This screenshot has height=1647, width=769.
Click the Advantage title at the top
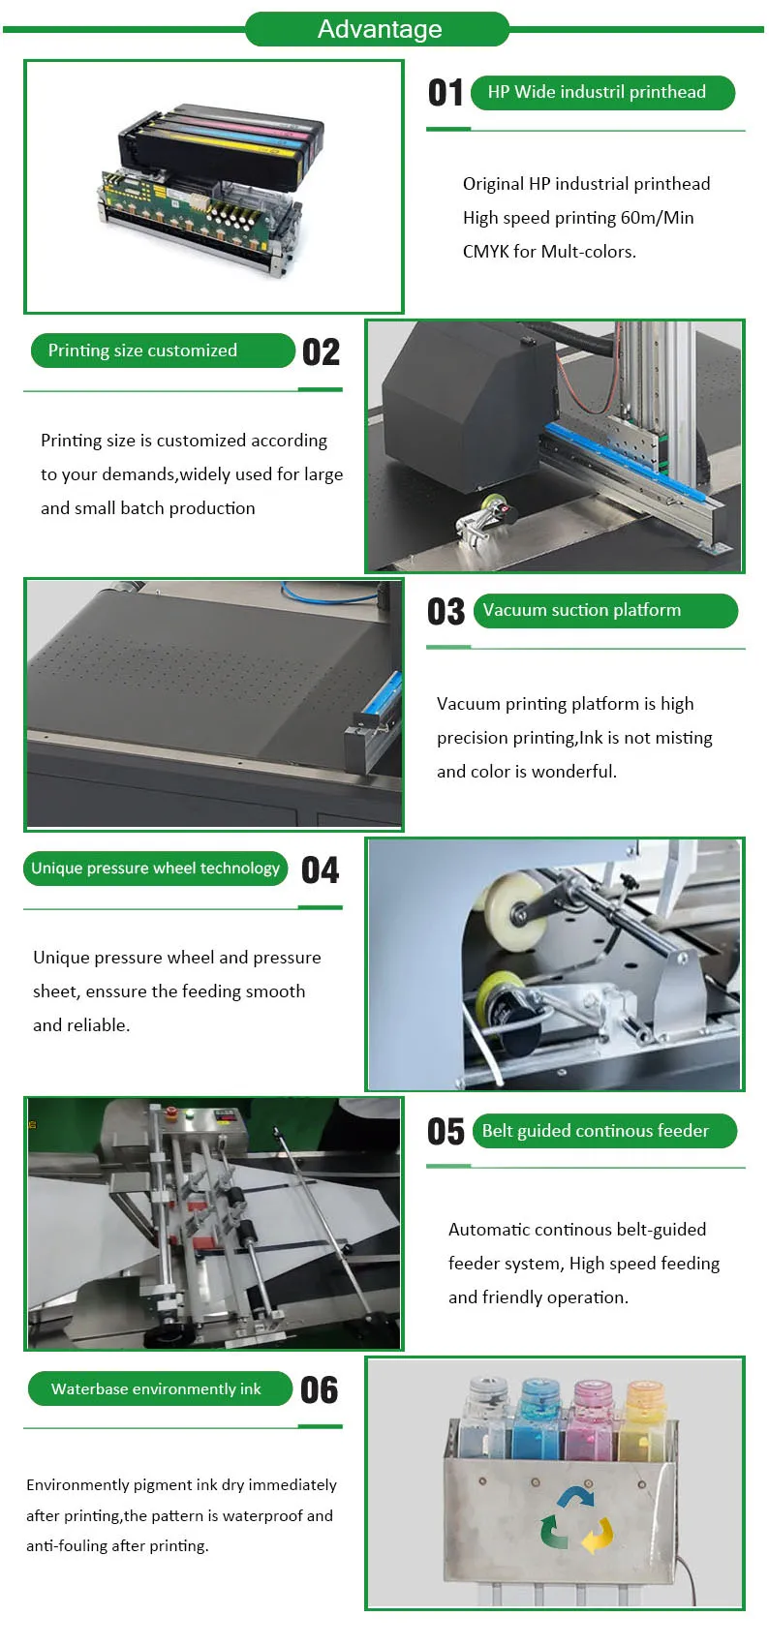(379, 29)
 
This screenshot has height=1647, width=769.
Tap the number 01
(446, 93)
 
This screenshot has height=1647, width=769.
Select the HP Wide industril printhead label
(597, 92)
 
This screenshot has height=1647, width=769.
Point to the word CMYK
(485, 252)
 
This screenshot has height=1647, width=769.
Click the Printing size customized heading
(142, 351)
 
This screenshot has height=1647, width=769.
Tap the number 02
(321, 351)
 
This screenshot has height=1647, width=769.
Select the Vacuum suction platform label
(582, 610)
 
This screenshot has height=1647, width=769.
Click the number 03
(446, 612)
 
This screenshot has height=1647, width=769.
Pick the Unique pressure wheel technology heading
(155, 869)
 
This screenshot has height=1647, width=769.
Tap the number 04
(320, 869)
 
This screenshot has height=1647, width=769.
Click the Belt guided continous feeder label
(596, 1131)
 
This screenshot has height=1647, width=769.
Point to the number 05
(446, 1132)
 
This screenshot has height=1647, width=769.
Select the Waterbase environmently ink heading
(156, 1388)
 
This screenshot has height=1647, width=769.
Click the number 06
(319, 1390)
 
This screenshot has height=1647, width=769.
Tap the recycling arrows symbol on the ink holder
(576, 1518)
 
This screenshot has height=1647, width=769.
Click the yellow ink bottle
(643, 1415)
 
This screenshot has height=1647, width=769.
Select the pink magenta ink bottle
(591, 1415)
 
